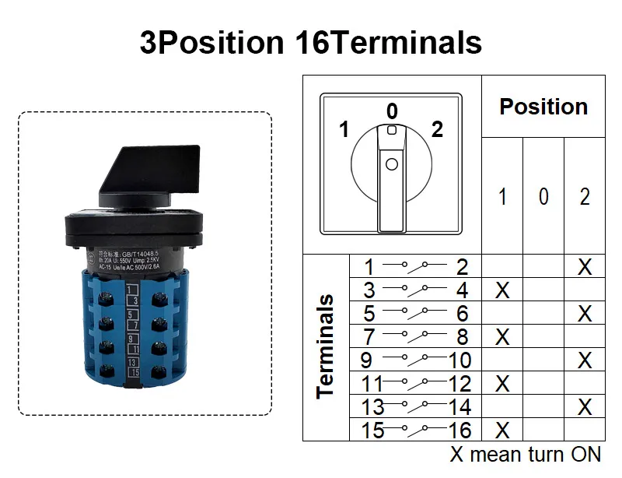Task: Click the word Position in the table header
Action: point(543,107)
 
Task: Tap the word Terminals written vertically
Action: point(325,346)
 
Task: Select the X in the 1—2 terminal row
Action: point(585,267)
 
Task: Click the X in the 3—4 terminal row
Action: point(502,290)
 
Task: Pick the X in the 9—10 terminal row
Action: point(585,360)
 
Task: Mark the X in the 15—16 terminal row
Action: point(502,430)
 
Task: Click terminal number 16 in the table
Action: point(460,430)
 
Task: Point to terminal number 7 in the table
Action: point(369,337)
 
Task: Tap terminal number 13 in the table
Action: point(374,406)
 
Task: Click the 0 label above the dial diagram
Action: point(393,111)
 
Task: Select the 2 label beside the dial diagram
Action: point(437,129)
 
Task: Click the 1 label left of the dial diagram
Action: point(344,129)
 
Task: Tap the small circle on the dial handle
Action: point(392,164)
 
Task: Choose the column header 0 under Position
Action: point(543,197)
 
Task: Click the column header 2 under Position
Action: point(585,197)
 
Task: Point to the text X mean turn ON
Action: point(526,455)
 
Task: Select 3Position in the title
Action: point(211,42)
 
